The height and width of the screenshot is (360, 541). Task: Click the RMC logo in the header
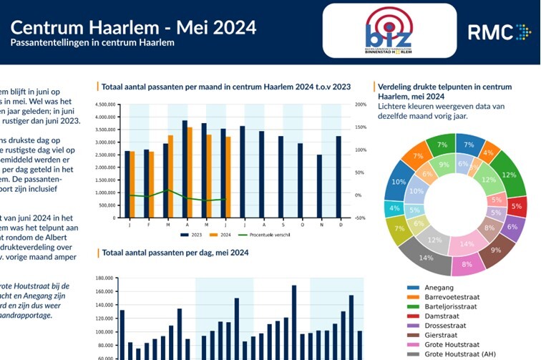pyautogui.click(x=499, y=32)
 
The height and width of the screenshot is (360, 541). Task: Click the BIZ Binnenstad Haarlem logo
pyautogui.click(x=388, y=31)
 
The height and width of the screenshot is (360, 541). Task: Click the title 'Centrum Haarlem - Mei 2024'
pyautogui.click(x=133, y=28)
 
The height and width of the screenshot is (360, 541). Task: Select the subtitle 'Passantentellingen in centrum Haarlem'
pyautogui.click(x=92, y=43)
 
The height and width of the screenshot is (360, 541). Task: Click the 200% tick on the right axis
pyautogui.click(x=359, y=104)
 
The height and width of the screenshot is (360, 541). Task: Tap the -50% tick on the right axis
pyautogui.click(x=359, y=218)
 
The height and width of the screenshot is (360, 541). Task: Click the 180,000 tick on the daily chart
pyautogui.click(x=104, y=278)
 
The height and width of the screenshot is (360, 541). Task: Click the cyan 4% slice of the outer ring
pyautogui.click(x=394, y=210)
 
